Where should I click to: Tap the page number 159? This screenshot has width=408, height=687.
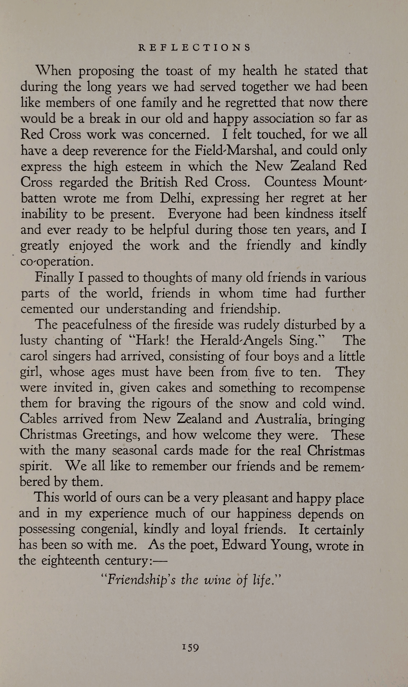click(190, 648)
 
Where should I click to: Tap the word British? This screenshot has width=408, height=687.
click(159, 182)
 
